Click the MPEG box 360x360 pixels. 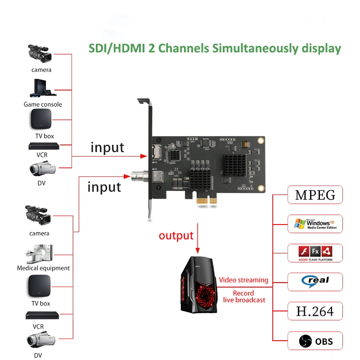coord(315,195)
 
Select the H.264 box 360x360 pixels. coord(315,311)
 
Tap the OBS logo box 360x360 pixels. coord(315,341)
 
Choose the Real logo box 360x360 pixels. coord(315,281)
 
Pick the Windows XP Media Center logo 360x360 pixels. coord(315,224)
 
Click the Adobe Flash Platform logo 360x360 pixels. coord(315,253)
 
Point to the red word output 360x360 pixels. coord(176,235)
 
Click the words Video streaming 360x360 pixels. coord(243,280)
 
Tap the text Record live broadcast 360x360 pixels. coord(243,297)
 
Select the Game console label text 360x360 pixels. coord(43,104)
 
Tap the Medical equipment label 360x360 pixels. coord(43,268)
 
